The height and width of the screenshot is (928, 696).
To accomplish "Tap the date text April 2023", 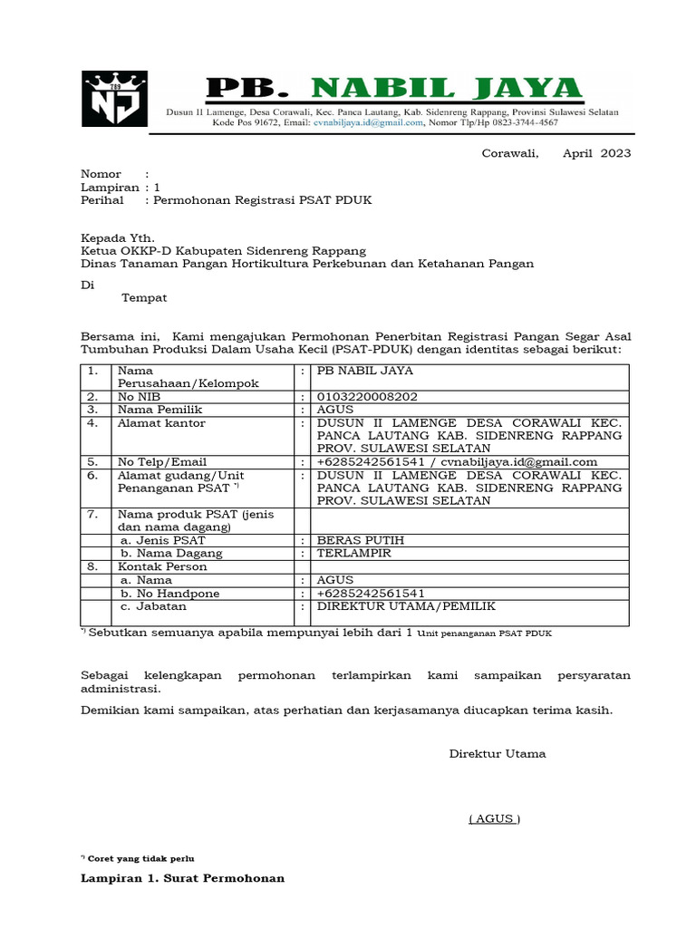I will coord(596,153).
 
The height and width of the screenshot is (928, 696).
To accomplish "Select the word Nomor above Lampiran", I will coord(101,173).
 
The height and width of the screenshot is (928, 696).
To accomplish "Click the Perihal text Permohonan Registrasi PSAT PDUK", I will coord(263,199).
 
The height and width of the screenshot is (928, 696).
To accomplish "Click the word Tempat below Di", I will coord(144,297).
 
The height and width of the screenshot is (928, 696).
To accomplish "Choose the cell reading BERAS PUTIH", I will coord(360,540).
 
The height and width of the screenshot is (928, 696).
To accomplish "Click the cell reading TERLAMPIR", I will coord(353,553).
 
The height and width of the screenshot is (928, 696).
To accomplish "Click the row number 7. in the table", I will coord(92,515).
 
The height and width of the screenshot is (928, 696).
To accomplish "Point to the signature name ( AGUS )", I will coord(494,818).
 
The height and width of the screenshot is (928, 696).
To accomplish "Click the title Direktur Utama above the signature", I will coord(498,754).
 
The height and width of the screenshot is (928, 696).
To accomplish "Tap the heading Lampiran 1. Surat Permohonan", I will coord(182,878).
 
